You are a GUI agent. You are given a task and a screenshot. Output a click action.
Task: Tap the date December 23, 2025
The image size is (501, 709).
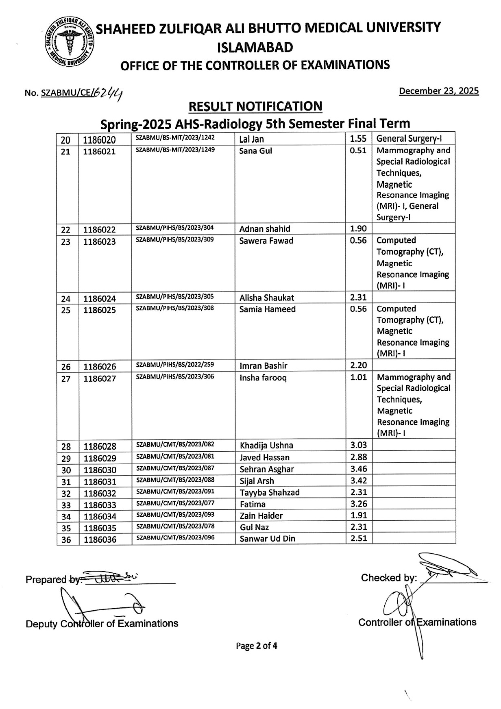[x=439, y=91]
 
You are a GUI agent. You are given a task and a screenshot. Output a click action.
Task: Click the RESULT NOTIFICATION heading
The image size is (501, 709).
[x=255, y=107]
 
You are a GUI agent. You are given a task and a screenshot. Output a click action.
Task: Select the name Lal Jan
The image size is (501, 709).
[x=251, y=139]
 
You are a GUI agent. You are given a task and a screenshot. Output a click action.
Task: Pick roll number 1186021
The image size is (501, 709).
[x=99, y=152]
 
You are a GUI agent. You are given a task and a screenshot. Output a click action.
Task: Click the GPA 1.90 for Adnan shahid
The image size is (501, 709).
[x=358, y=228]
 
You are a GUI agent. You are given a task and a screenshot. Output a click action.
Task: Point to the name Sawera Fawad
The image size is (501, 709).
[x=266, y=241]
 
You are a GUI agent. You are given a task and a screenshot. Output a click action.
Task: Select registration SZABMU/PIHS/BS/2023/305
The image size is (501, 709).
[x=174, y=296]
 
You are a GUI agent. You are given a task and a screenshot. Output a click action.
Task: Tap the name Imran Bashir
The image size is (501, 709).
[x=263, y=365]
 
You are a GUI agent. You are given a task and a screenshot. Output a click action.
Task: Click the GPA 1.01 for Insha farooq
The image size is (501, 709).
[x=358, y=377]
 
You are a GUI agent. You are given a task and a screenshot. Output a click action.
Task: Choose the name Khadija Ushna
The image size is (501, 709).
[x=266, y=445]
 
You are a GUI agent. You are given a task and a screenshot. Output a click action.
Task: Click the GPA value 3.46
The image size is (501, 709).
[x=359, y=469]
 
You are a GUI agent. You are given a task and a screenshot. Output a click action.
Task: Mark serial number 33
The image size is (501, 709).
[x=66, y=505]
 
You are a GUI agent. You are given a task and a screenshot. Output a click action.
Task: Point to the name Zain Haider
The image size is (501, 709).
[x=261, y=515]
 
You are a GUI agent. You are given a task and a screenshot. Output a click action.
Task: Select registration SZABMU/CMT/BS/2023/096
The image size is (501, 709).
[x=175, y=537]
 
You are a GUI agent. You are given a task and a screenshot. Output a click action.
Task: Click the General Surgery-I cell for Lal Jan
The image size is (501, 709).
[x=409, y=139]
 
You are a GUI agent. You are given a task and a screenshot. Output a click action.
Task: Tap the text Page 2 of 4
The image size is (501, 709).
[x=257, y=646]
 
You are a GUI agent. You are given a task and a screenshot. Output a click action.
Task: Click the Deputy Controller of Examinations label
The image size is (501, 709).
[x=102, y=624]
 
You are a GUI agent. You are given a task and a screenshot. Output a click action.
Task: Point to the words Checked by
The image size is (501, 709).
[x=388, y=578]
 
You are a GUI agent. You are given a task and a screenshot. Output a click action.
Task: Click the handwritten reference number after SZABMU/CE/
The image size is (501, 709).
[x=108, y=94]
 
